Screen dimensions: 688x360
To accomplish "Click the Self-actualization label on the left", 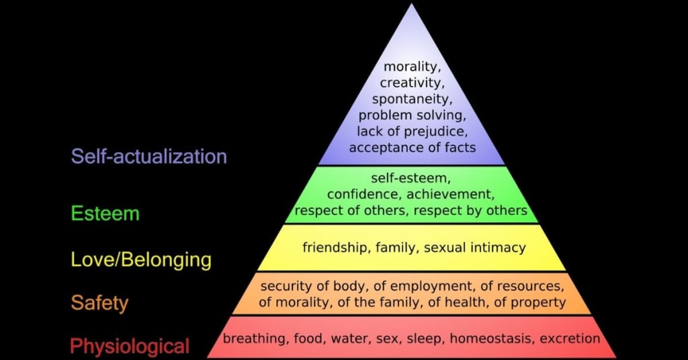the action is click(x=149, y=156).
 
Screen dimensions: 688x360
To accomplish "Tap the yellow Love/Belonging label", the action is click(x=141, y=259).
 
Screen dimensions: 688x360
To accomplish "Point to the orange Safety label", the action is click(x=99, y=303).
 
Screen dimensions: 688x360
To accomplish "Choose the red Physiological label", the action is click(x=130, y=347).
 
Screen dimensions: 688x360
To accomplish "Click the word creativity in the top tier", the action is click(x=411, y=83).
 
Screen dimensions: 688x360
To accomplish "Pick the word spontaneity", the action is click(x=412, y=99).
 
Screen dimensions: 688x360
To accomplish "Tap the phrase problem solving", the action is click(x=412, y=115).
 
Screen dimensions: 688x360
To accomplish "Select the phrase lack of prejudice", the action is click(x=412, y=131).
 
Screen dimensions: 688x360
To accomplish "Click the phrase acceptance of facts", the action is click(x=412, y=147).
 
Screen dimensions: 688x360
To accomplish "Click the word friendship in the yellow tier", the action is click(x=334, y=248).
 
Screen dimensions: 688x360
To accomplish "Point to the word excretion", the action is click(x=570, y=339).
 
